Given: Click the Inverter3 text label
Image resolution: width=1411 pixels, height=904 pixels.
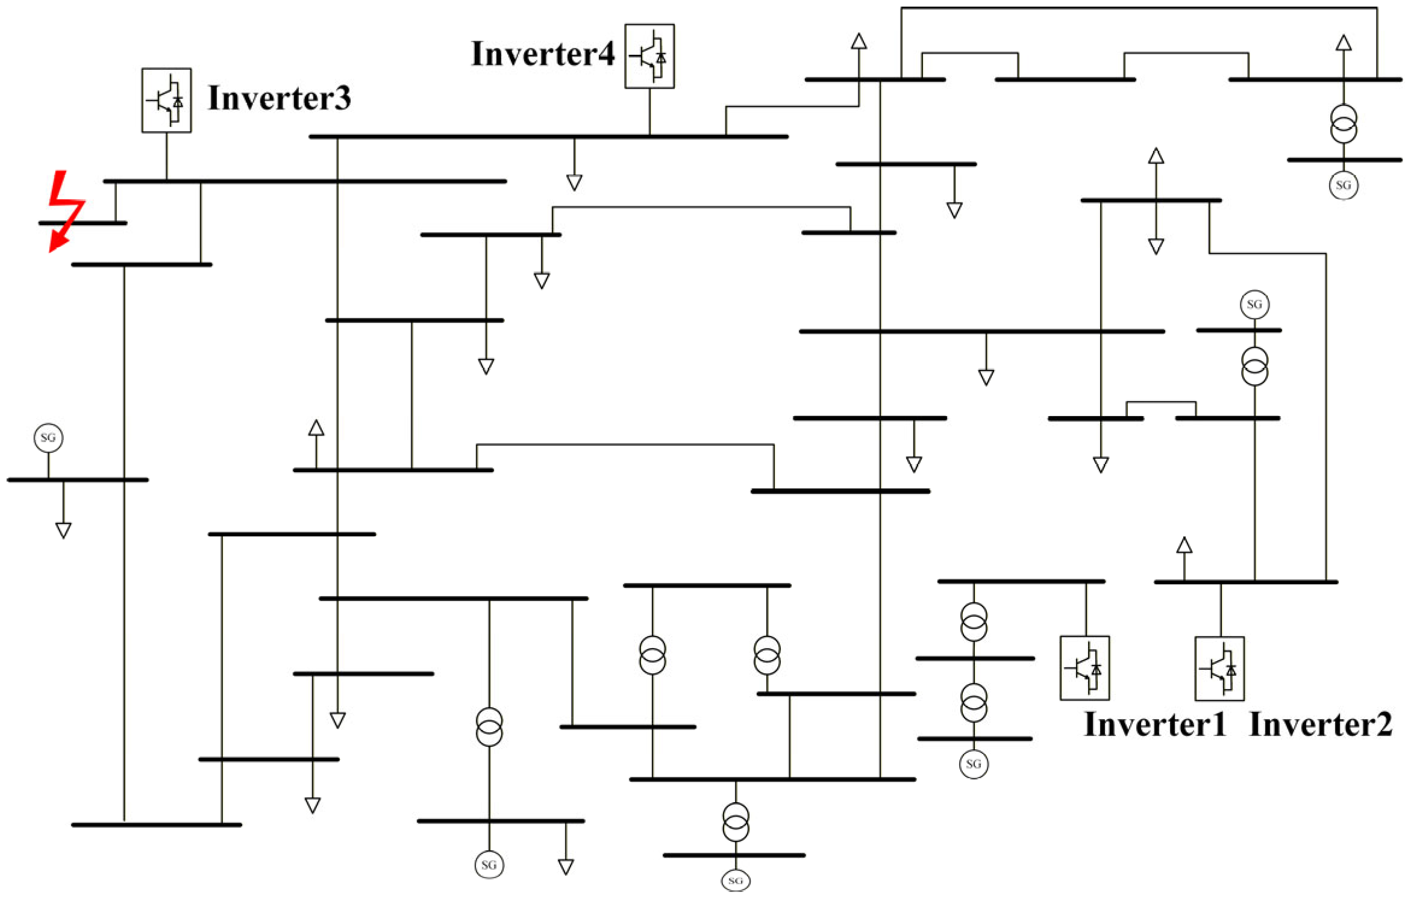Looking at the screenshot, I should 279,98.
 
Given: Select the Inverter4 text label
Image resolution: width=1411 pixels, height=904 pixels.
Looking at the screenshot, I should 543,54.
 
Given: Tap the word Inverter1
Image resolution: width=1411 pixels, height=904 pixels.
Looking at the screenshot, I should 1155,724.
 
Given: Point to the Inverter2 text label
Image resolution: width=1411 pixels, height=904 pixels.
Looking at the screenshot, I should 1321,724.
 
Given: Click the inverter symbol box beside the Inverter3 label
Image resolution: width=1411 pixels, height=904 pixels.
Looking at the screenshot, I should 167,100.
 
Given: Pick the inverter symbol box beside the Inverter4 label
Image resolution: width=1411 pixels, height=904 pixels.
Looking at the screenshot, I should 649,56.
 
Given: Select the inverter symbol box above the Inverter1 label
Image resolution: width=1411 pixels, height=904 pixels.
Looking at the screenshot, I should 1084,668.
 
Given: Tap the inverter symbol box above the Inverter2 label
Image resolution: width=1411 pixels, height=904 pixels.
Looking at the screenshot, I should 1220,669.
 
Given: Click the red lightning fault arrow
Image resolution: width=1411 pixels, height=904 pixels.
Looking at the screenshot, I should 65,211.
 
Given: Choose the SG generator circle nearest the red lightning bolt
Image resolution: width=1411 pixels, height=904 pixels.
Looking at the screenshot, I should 48,438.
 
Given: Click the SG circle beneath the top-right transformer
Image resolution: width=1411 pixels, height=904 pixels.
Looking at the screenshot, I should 1344,185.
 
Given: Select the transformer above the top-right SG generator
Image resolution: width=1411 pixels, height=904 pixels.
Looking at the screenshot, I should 1344,124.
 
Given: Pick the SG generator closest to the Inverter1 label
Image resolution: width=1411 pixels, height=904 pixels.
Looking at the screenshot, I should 974,764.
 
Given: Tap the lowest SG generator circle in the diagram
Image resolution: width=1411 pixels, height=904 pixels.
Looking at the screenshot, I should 736,881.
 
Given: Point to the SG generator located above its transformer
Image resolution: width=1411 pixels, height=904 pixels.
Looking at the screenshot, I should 1255,305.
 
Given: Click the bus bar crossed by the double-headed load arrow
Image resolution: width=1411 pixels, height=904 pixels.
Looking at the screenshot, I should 1151,200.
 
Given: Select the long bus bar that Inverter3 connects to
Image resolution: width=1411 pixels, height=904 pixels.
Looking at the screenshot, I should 304,181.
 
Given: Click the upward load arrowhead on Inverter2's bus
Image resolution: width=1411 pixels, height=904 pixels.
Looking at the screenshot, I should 1184,546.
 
